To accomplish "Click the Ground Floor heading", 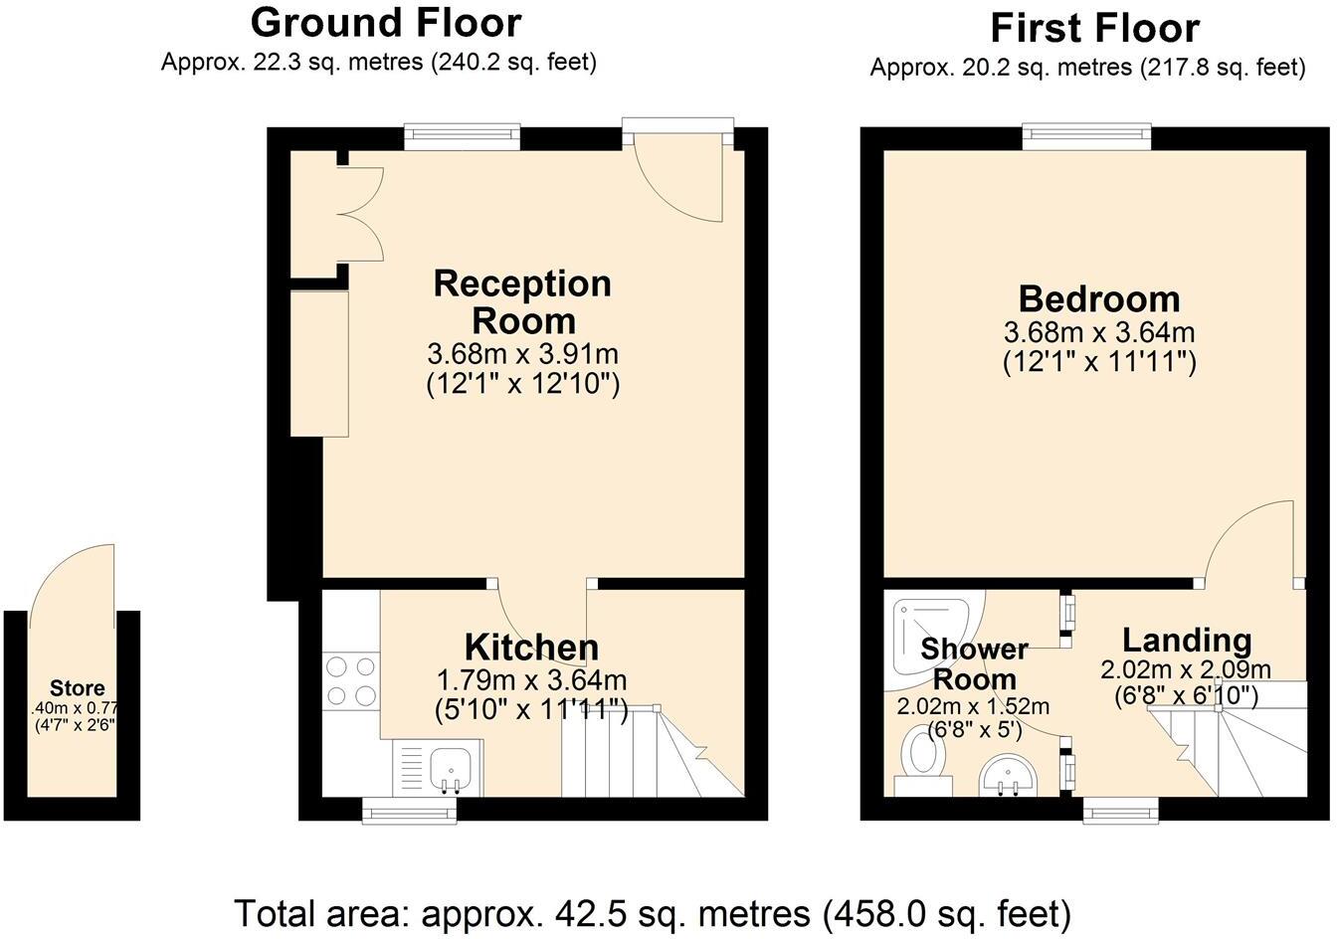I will (385, 22).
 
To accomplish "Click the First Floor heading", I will (1094, 28).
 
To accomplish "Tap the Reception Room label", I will (522, 301).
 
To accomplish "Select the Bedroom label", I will (1098, 298).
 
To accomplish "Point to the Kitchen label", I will (532, 648).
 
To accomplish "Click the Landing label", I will (1186, 640).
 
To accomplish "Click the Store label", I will (78, 688).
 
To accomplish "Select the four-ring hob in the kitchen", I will (351, 680).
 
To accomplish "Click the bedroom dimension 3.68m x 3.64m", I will (1098, 332).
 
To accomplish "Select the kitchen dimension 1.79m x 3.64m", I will (531, 680).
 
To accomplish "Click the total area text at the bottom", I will (652, 911).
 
